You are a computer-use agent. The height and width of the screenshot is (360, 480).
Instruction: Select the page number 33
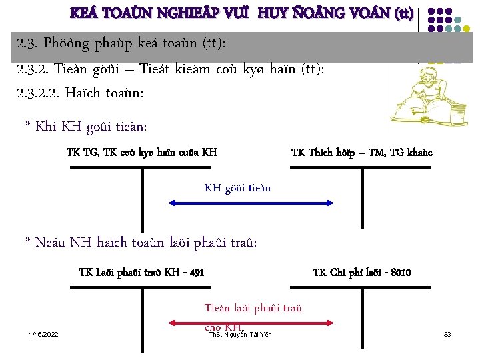(x=447, y=333)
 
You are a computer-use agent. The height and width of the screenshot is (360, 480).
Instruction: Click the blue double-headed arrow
(x=237, y=201)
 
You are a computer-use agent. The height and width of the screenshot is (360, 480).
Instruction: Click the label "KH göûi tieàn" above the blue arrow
(x=237, y=188)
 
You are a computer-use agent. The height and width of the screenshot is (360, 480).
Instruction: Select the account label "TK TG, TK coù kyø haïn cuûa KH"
(x=142, y=153)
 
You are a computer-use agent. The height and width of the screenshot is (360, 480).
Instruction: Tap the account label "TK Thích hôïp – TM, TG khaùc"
(x=361, y=153)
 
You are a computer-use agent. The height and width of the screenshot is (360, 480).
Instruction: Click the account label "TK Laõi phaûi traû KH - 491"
(x=141, y=273)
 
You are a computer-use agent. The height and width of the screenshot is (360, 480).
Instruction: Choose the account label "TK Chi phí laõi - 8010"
(x=361, y=273)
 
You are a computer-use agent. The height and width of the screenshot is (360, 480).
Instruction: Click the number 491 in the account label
(x=195, y=273)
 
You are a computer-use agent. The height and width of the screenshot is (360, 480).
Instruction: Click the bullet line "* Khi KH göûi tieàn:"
(x=86, y=126)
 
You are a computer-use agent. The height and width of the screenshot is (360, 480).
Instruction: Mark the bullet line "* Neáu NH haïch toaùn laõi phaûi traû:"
(x=141, y=242)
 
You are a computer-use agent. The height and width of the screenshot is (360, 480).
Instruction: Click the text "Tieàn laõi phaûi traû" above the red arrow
(x=253, y=307)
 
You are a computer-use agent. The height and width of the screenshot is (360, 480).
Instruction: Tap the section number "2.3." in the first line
(x=29, y=43)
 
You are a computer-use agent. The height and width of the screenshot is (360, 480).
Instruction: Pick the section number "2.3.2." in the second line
(x=34, y=68)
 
